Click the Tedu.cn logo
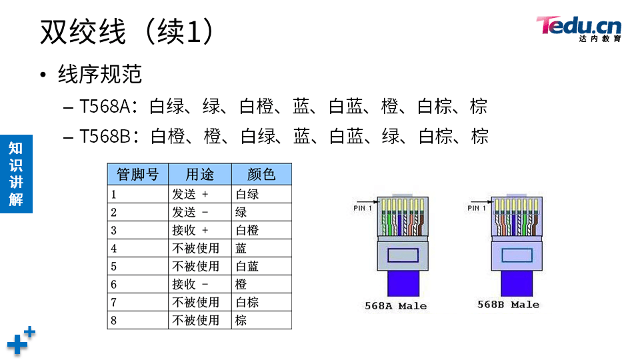578,28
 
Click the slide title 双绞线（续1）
127,31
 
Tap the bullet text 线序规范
100,74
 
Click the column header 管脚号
137,175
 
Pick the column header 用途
199,175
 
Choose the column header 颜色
261,175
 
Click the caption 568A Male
395,306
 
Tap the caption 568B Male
508,305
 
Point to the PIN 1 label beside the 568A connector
363,209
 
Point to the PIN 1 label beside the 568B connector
477,209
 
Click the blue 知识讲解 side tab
16,173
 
